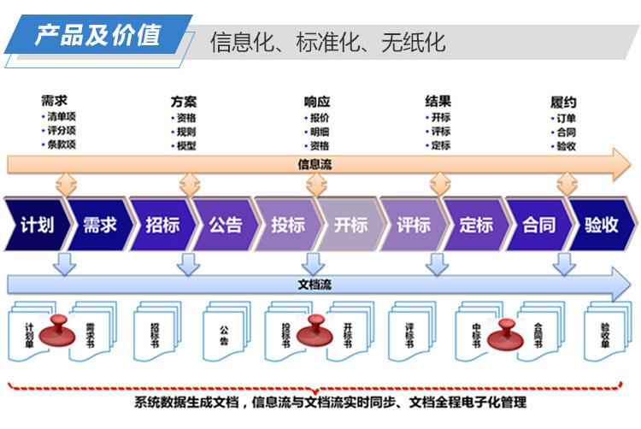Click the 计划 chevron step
click(x=37, y=225)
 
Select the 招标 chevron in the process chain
click(x=162, y=225)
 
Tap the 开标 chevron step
click(x=350, y=225)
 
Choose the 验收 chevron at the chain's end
click(x=602, y=225)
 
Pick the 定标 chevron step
click(x=476, y=225)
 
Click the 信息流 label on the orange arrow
click(x=315, y=165)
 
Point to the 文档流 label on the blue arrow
click(x=315, y=285)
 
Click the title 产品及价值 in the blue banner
click(x=97, y=35)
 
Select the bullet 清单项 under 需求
click(x=62, y=117)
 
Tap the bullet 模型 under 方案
click(x=186, y=146)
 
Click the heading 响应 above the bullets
click(x=317, y=102)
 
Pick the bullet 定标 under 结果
click(x=441, y=145)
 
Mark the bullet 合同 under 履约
click(x=566, y=132)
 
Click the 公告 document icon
click(x=226, y=331)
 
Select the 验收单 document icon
click(x=608, y=331)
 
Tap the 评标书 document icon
click(x=412, y=331)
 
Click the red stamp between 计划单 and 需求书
click(x=57, y=331)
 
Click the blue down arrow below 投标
click(x=313, y=264)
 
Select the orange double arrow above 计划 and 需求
click(x=66, y=185)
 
